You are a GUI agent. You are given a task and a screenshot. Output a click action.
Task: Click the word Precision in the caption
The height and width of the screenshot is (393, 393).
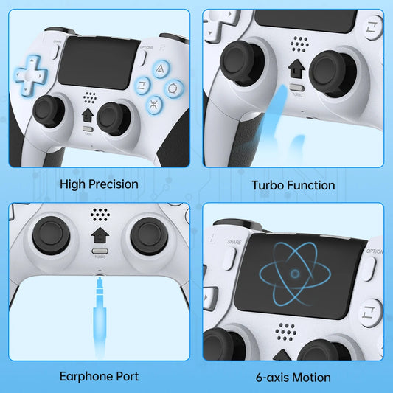[x=113, y=184]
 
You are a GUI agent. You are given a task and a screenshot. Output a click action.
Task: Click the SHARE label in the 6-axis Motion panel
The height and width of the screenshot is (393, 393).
[x=234, y=241]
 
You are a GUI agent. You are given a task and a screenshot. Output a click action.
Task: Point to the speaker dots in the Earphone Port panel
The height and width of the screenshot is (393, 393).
[x=99, y=214]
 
